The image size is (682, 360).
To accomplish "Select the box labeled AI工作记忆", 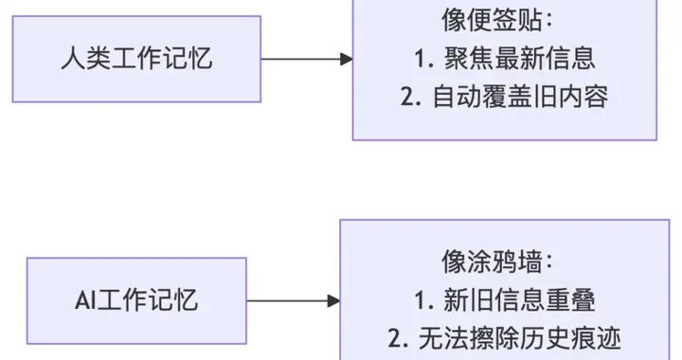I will pyautogui.click(x=136, y=300).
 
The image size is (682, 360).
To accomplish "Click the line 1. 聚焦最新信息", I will pyautogui.click(x=504, y=58).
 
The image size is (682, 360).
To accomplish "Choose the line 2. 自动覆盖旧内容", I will pyautogui.click(x=504, y=97).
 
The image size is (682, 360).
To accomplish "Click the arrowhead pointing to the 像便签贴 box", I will pyautogui.click(x=347, y=59).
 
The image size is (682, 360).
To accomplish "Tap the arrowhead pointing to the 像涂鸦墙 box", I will pyautogui.click(x=333, y=300).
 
